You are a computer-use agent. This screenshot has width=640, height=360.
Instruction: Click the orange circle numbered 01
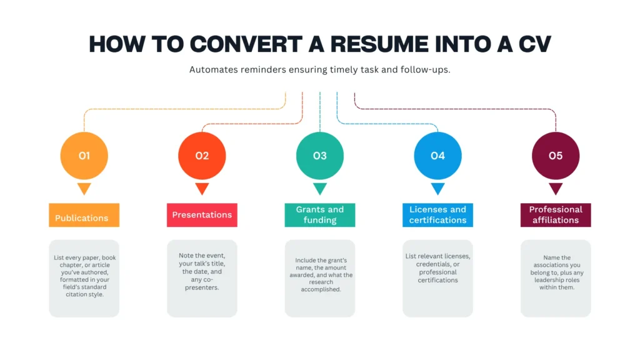coord(84,156)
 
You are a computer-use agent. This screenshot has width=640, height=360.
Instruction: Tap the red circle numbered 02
coord(202,156)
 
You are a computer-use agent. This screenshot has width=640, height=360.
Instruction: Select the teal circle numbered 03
coord(320,156)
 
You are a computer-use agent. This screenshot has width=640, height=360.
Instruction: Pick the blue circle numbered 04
coord(437,156)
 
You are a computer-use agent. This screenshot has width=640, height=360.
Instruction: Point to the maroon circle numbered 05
coord(556,156)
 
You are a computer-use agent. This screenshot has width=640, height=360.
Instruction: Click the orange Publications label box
coord(84,215)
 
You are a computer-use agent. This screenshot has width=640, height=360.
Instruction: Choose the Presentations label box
coord(202,215)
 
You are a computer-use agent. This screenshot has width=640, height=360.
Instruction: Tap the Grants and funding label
coord(320,215)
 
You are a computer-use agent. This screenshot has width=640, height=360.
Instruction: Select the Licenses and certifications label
coord(437,215)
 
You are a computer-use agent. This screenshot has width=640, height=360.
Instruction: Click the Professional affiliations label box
coord(556,215)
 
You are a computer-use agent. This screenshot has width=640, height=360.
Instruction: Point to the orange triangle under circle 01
coord(84,188)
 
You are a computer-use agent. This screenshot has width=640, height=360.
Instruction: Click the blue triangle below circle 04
coord(437,188)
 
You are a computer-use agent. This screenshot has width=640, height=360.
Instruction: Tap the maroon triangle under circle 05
coord(556,188)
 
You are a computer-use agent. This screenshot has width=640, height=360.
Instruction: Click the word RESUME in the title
coord(379,44)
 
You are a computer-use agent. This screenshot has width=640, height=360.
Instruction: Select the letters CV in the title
coord(535,44)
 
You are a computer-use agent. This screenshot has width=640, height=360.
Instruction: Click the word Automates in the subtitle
coord(214,70)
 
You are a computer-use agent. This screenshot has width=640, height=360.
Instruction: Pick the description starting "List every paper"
coord(84,276)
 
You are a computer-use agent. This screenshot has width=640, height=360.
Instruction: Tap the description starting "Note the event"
coord(202,271)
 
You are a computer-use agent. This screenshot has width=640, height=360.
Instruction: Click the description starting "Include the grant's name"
coord(321,275)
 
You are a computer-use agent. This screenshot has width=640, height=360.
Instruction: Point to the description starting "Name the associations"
coord(557,272)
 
